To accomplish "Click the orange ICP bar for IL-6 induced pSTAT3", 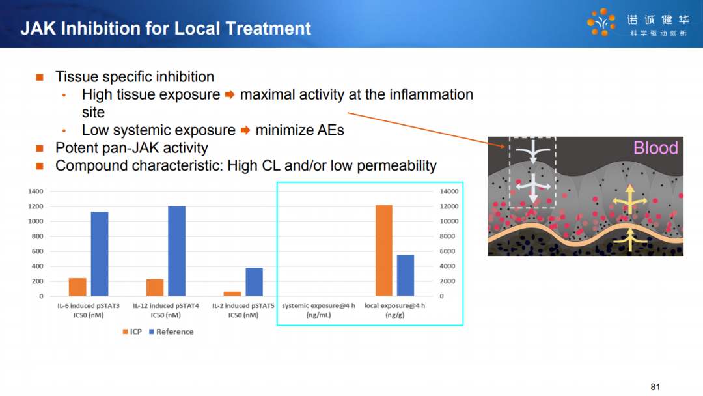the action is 77,287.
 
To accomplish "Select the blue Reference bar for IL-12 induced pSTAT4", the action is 176,251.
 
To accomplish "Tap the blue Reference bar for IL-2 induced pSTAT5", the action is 255,281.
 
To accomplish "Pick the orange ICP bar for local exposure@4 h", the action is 384,250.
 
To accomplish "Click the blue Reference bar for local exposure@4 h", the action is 406,276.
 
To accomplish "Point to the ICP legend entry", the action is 132,332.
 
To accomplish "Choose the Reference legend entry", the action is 171,332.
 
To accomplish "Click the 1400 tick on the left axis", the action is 36,191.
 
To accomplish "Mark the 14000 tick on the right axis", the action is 449,191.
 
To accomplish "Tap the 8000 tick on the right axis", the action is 447,236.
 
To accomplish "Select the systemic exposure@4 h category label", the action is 318,310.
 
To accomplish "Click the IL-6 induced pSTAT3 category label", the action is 89,310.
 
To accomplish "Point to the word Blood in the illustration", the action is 655,148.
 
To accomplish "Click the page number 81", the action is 655,387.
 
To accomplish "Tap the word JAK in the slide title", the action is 38,28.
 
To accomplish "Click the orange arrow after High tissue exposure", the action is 230,94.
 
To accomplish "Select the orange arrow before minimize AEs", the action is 245,130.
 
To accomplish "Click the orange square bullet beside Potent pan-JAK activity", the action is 40,148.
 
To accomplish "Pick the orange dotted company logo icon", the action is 601,22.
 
